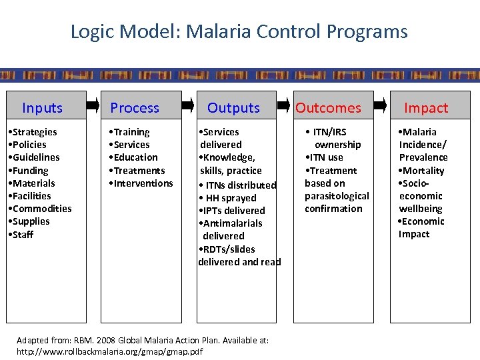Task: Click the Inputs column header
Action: [42, 108]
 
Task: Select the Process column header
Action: [135, 108]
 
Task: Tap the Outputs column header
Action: [233, 108]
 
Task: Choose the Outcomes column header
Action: [328, 108]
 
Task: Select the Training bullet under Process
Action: [131, 132]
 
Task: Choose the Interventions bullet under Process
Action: [143, 183]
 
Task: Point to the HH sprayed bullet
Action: [230, 198]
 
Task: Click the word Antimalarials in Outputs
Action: [233, 223]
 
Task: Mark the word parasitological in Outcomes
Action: [337, 196]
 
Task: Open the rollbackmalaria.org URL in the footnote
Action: [109, 351]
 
